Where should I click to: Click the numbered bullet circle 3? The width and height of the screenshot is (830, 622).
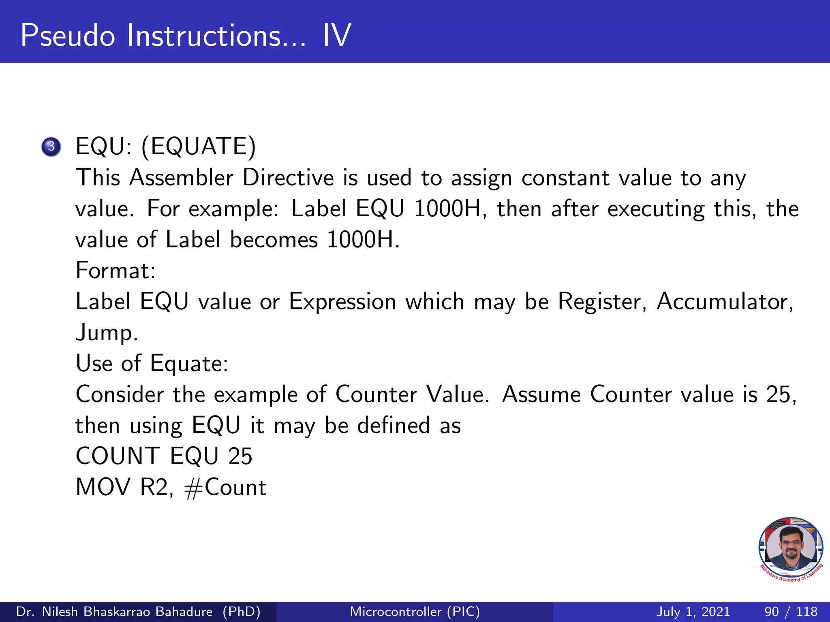click(x=51, y=147)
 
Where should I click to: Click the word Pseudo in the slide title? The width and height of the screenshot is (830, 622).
click(x=68, y=36)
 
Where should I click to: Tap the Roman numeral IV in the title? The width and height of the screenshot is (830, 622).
click(x=336, y=36)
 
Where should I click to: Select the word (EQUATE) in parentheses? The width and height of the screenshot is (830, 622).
click(x=199, y=147)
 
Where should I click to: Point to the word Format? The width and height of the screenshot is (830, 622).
click(x=116, y=271)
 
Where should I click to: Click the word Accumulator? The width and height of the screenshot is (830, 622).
click(x=725, y=302)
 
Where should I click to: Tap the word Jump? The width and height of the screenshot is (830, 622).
click(x=107, y=333)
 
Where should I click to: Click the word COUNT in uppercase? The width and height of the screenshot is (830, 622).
click(x=118, y=456)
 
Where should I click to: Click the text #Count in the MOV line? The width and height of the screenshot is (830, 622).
click(x=225, y=487)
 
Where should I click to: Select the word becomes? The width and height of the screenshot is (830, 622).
click(x=274, y=240)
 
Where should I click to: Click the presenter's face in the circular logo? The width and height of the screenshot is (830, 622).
click(x=791, y=547)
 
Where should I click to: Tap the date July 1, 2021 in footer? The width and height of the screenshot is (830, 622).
click(x=693, y=611)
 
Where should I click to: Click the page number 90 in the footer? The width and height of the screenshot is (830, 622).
click(x=772, y=611)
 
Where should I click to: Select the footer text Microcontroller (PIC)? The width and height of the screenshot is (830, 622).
click(x=415, y=611)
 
